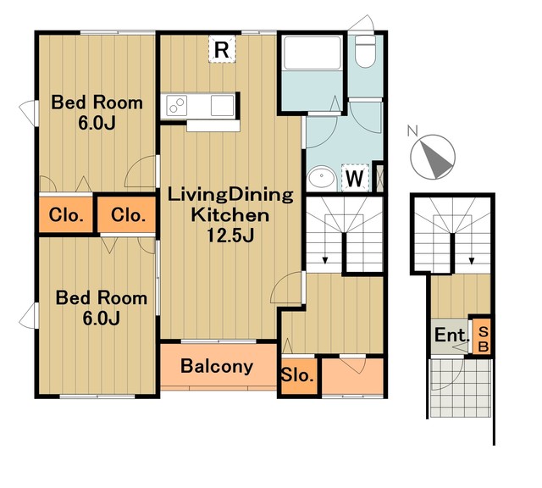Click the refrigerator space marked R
pos(222,49)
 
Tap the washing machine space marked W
pos(355,177)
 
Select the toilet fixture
pos(365,51)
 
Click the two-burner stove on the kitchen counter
pos(177,106)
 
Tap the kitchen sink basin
pos(222,105)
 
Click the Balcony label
pos(217,367)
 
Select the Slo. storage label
pos(297,375)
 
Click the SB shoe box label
pos(484,339)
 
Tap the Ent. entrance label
pos(451,335)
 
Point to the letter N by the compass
pos(412,131)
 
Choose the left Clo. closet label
pos(66,215)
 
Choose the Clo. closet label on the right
pos(128,215)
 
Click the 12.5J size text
pos(230,236)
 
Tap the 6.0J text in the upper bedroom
pos(97,124)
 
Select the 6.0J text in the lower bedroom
pos(102,319)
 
